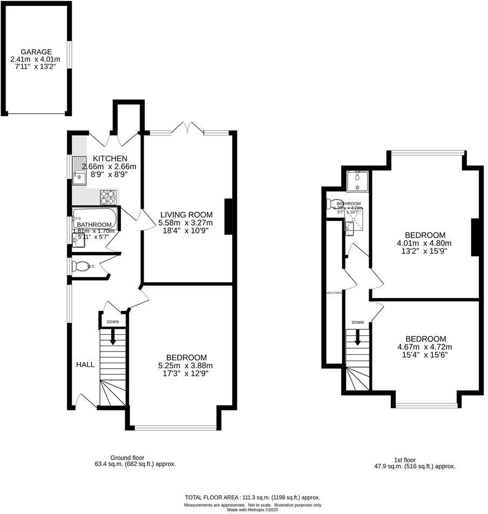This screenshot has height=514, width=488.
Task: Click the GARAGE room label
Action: (x=35, y=52)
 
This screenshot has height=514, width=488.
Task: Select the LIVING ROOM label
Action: (x=186, y=214)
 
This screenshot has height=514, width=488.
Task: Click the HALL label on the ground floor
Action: (x=85, y=364)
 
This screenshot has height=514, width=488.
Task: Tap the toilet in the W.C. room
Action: (x=82, y=267)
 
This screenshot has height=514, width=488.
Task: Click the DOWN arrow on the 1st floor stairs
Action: (x=357, y=337)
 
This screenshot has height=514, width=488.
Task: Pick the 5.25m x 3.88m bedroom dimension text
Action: (x=186, y=366)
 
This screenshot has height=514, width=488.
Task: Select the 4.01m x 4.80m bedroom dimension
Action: (x=425, y=243)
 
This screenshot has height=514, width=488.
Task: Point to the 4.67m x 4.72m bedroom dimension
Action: (x=425, y=347)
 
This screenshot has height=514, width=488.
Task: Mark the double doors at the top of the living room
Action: (x=186, y=128)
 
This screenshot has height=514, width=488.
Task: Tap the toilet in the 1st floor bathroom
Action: (x=331, y=204)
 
